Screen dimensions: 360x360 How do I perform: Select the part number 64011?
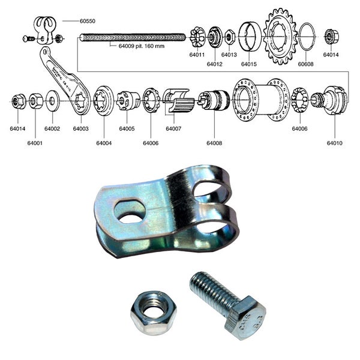(x=197, y=55)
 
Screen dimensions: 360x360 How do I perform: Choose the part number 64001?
(x=35, y=143)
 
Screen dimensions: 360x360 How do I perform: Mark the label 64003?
(x=81, y=128)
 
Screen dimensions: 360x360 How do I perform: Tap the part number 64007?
(x=174, y=128)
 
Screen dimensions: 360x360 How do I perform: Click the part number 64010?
(x=335, y=143)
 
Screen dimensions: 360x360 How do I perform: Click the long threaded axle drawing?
(x=132, y=37)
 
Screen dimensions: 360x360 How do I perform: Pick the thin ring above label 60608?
(x=305, y=37)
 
